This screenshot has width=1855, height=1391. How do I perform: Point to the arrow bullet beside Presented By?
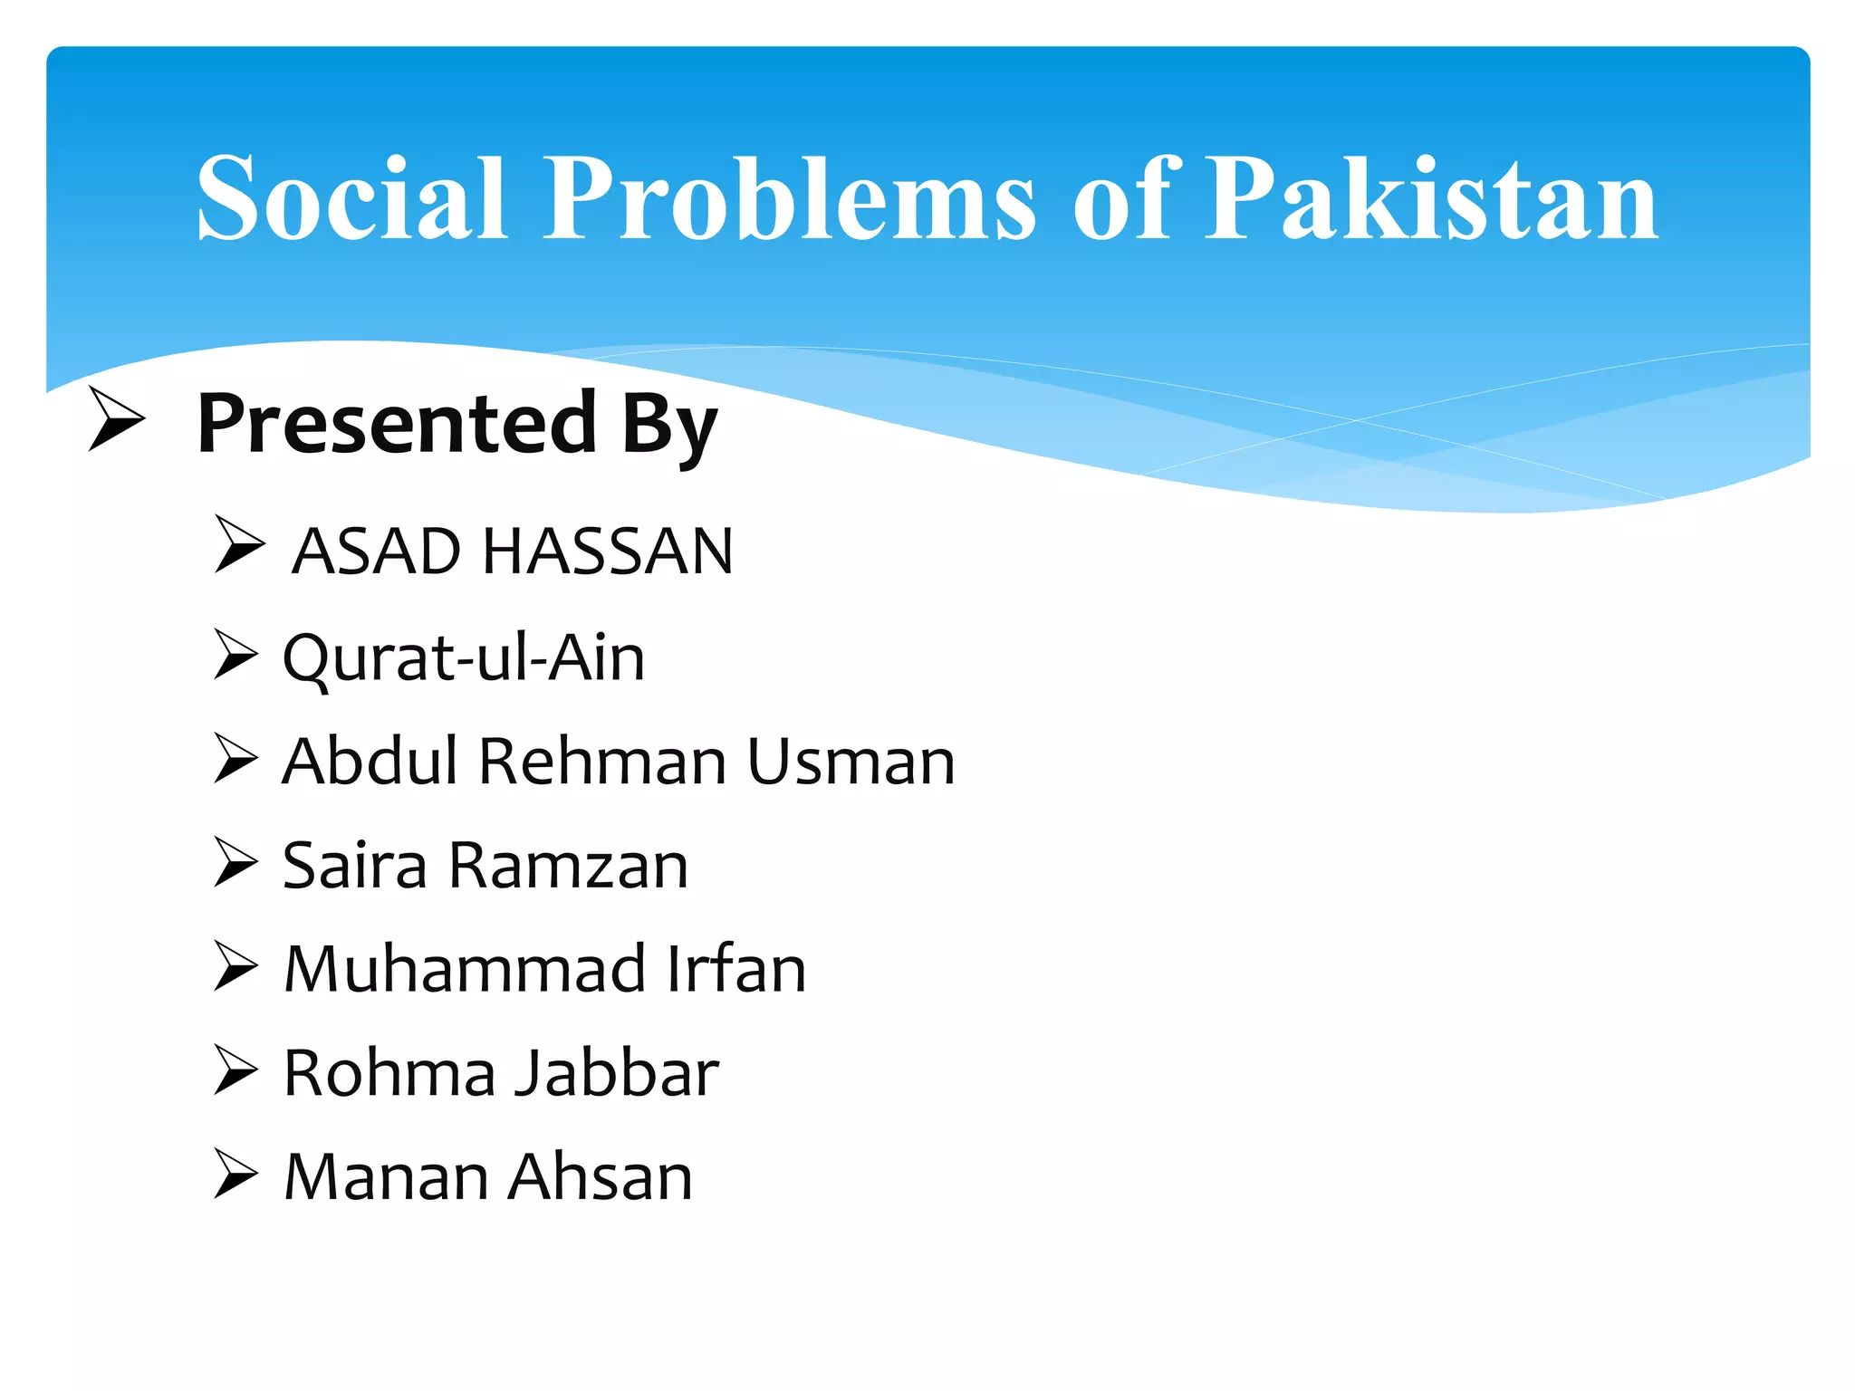pyautogui.click(x=116, y=418)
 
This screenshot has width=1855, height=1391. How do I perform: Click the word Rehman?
pyautogui.click(x=602, y=762)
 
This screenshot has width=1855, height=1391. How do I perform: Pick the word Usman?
pyautogui.click(x=851, y=762)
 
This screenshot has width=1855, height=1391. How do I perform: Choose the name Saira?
pyautogui.click(x=354, y=866)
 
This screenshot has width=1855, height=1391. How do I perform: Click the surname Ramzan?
pyautogui.click(x=568, y=866)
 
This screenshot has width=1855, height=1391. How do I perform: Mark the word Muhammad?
pyautogui.click(x=465, y=970)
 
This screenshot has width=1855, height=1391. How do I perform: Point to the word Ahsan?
pyautogui.click(x=601, y=1177)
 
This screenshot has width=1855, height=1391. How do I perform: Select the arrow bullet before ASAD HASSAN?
pyautogui.click(x=240, y=545)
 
